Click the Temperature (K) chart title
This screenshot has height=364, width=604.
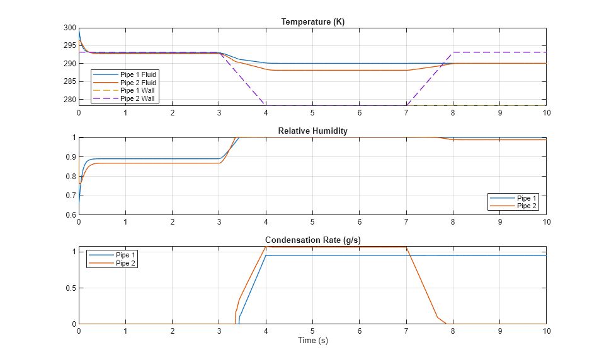[x=312, y=22]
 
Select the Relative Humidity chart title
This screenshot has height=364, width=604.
[x=312, y=131]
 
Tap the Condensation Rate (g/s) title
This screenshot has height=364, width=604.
[x=312, y=240]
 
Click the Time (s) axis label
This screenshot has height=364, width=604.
[x=312, y=341]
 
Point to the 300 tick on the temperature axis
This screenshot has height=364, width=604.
[x=69, y=28]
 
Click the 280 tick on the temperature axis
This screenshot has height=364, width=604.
[x=69, y=100]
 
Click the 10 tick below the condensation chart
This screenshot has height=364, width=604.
[x=546, y=331]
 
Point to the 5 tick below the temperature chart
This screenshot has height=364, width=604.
[x=312, y=112]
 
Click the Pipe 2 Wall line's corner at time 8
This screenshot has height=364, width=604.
[x=453, y=52]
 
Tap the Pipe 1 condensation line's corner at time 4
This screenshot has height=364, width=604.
[x=266, y=255]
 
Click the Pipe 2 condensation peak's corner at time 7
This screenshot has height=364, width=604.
[x=406, y=247]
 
